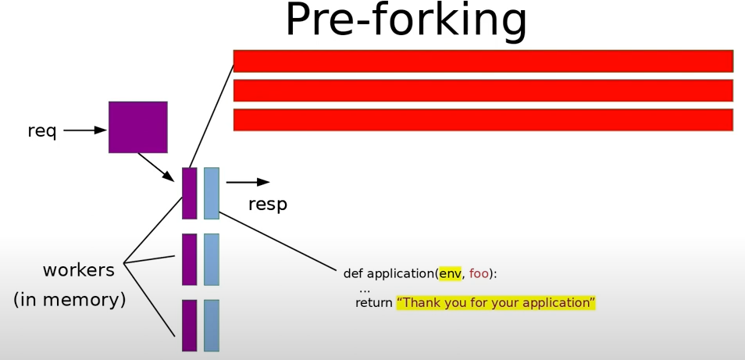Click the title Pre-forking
coord(405,20)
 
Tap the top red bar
coord(483,61)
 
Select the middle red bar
coord(483,91)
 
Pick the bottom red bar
coord(483,119)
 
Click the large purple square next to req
coord(138,127)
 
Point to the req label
coord(42,131)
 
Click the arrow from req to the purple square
coord(84,130)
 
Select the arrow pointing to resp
coord(248,182)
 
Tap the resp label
coord(268,205)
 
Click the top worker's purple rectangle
coord(189,193)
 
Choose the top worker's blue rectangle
coord(212,193)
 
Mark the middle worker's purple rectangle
coord(189,259)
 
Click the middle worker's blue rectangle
coord(212,259)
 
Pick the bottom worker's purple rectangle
coord(189,325)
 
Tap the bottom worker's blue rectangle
coord(212,325)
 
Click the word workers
coord(78,270)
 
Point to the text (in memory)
coord(70,299)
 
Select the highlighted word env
coord(450,273)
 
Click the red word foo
coord(479,273)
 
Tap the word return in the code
coord(373,302)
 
